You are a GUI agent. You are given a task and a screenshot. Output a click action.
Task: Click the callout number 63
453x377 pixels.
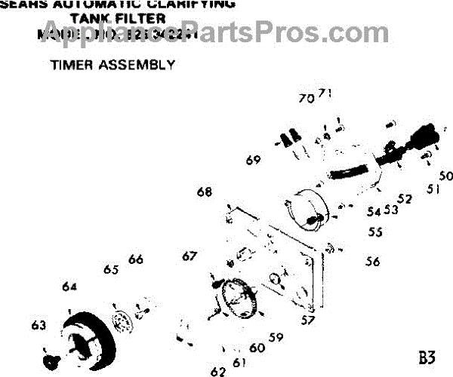(x=39, y=325)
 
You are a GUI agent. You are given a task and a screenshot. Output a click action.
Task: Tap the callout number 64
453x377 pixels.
(x=70, y=287)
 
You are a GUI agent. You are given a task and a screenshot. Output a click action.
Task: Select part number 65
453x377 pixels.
(x=111, y=270)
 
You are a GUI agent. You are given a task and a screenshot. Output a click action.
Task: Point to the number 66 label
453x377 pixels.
(x=135, y=259)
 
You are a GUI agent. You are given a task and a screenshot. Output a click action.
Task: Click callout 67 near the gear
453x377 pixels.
(x=189, y=256)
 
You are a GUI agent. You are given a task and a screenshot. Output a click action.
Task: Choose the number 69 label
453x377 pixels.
(x=253, y=160)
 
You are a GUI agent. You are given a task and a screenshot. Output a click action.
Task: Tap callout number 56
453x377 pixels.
(x=372, y=262)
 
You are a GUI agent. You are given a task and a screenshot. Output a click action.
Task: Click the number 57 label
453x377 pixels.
(x=307, y=320)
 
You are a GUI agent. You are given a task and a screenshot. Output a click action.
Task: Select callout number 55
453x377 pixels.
(x=375, y=233)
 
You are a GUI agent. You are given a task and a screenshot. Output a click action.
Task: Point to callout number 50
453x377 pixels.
(x=445, y=176)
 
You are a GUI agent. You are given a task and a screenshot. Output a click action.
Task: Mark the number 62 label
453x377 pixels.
(x=218, y=371)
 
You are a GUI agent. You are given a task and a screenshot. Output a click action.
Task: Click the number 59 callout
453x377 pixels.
(x=276, y=337)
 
